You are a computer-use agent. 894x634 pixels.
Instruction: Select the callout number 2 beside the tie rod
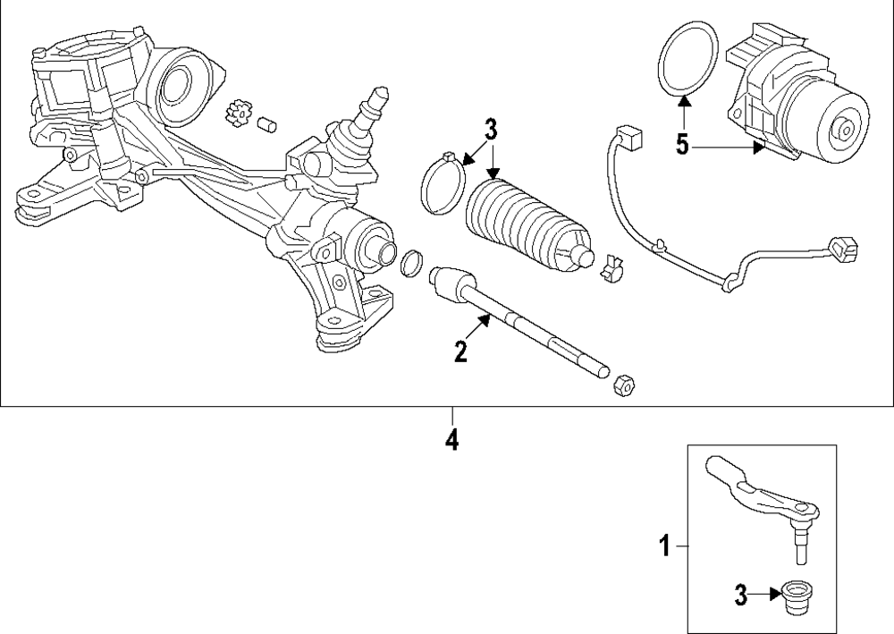[460, 351]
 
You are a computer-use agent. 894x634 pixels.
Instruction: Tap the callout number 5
[683, 145]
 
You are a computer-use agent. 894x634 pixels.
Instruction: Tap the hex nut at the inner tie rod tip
[625, 385]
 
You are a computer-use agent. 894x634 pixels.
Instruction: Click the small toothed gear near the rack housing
[236, 114]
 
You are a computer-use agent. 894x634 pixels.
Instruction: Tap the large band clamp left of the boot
[442, 186]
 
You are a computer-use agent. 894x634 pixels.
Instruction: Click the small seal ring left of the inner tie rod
[412, 264]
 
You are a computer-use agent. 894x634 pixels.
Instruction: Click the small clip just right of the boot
[613, 266]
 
